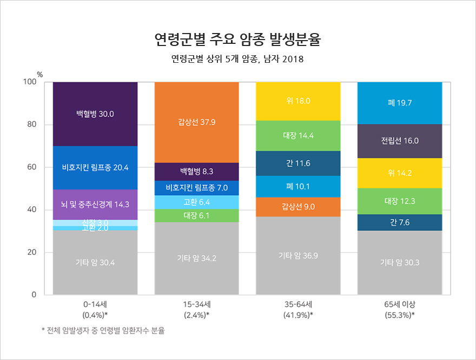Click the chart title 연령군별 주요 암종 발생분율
tap(237, 39)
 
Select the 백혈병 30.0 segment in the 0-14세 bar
tap(95, 114)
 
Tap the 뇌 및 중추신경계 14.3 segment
tap(95, 205)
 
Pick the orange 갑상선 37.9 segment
tap(197, 122)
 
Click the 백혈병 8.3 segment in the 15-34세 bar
tap(197, 172)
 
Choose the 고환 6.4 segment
tap(197, 202)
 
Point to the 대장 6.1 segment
tap(197, 215)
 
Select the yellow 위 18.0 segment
tap(298, 101)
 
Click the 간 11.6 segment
tap(298, 163)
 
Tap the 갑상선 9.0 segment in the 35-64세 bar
tap(298, 207)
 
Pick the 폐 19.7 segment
tap(400, 103)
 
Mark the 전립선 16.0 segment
tap(400, 141)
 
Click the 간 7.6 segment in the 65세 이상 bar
tap(400, 222)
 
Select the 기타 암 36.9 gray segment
tap(298, 256)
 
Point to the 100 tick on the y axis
tap(29, 82)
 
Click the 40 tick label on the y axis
tap(31, 210)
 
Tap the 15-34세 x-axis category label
tap(197, 304)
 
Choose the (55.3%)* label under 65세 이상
tap(400, 315)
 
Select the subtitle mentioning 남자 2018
tap(237, 59)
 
